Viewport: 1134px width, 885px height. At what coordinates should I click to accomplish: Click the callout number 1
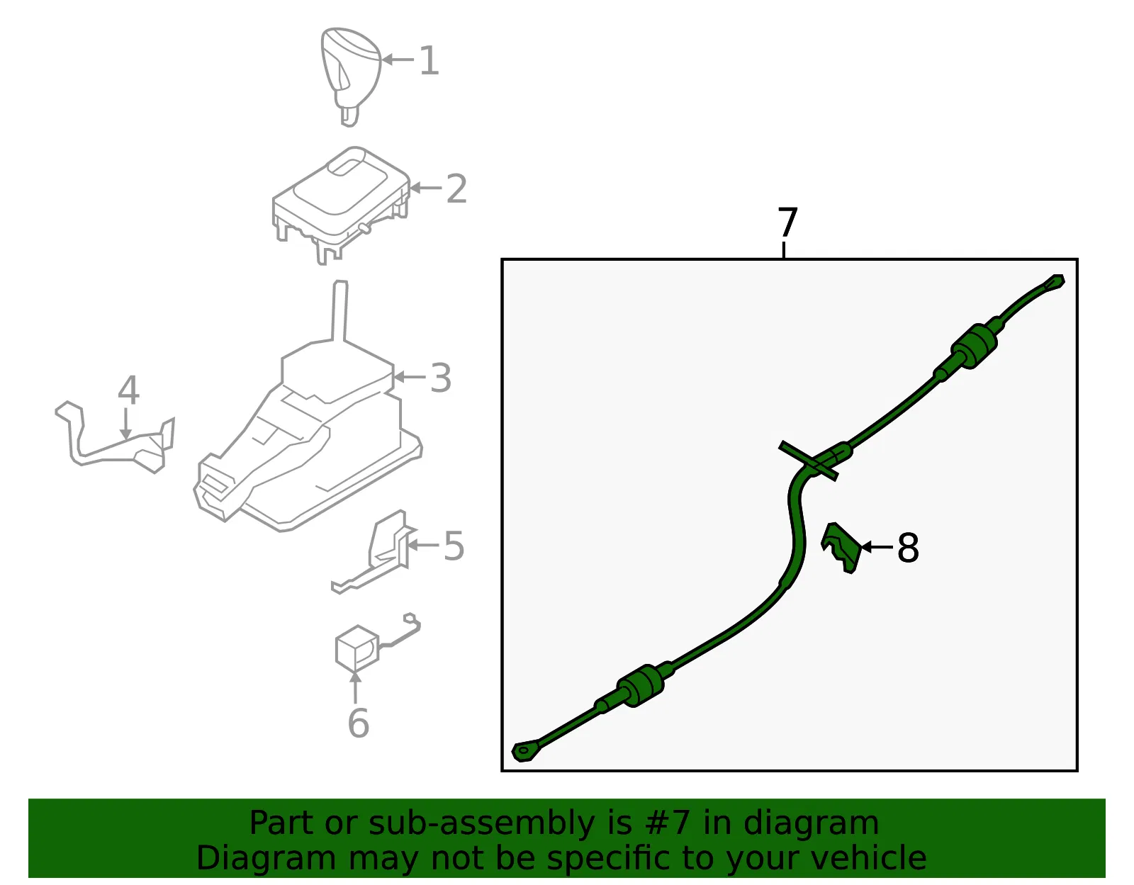click(429, 60)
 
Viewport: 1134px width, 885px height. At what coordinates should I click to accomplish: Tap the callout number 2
click(456, 188)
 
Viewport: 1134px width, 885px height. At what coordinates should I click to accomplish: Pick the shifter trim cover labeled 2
click(341, 205)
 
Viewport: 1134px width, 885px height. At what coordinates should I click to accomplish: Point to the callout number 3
click(441, 378)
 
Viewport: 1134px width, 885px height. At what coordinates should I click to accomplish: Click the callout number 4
click(128, 390)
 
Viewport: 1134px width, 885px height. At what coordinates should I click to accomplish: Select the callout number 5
click(454, 546)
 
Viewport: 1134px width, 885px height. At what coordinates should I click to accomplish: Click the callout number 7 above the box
click(787, 222)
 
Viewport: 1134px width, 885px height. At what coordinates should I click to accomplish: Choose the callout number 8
click(908, 548)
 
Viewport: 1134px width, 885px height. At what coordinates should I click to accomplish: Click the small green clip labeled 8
click(841, 548)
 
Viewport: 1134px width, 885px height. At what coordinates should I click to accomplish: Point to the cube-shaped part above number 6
click(357, 648)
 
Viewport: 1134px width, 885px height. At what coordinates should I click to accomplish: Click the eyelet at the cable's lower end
click(524, 751)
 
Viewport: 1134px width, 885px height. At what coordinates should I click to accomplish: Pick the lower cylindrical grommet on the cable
click(641, 686)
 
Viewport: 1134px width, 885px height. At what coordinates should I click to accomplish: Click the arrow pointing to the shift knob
click(398, 60)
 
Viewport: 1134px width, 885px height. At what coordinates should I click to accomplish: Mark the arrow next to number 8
click(877, 547)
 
